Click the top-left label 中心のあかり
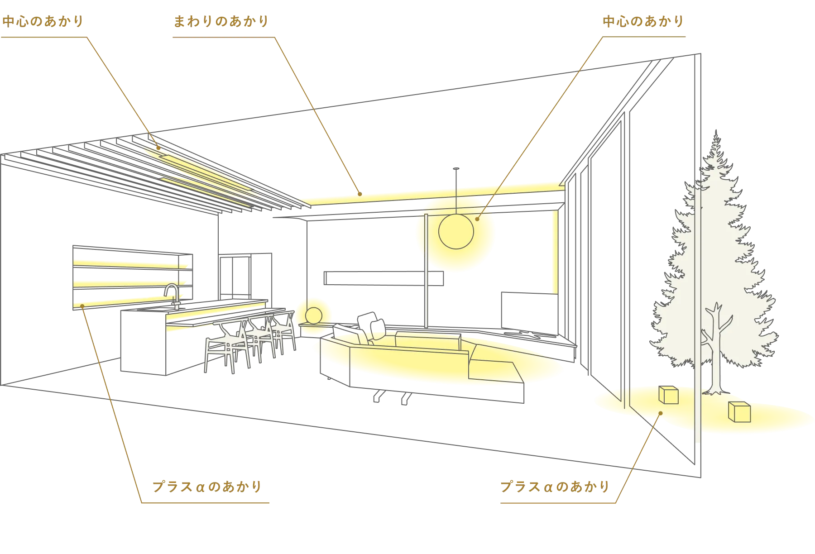pos(43,21)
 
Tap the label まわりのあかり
pos(221,21)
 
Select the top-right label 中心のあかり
pos(643,21)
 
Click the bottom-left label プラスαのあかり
pos(207,487)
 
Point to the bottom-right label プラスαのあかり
pos(555,487)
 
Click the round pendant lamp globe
pos(456,231)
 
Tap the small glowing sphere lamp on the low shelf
pos(313,315)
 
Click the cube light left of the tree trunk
pos(668,395)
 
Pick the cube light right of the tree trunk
pos(739,411)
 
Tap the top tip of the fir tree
pos(716,131)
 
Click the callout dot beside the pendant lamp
pos(477,219)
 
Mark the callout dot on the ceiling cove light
pos(360,194)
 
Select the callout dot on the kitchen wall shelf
pos(82,306)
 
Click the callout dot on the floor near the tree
pos(661,413)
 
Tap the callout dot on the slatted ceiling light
pos(158,148)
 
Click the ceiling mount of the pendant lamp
pos(456,169)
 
